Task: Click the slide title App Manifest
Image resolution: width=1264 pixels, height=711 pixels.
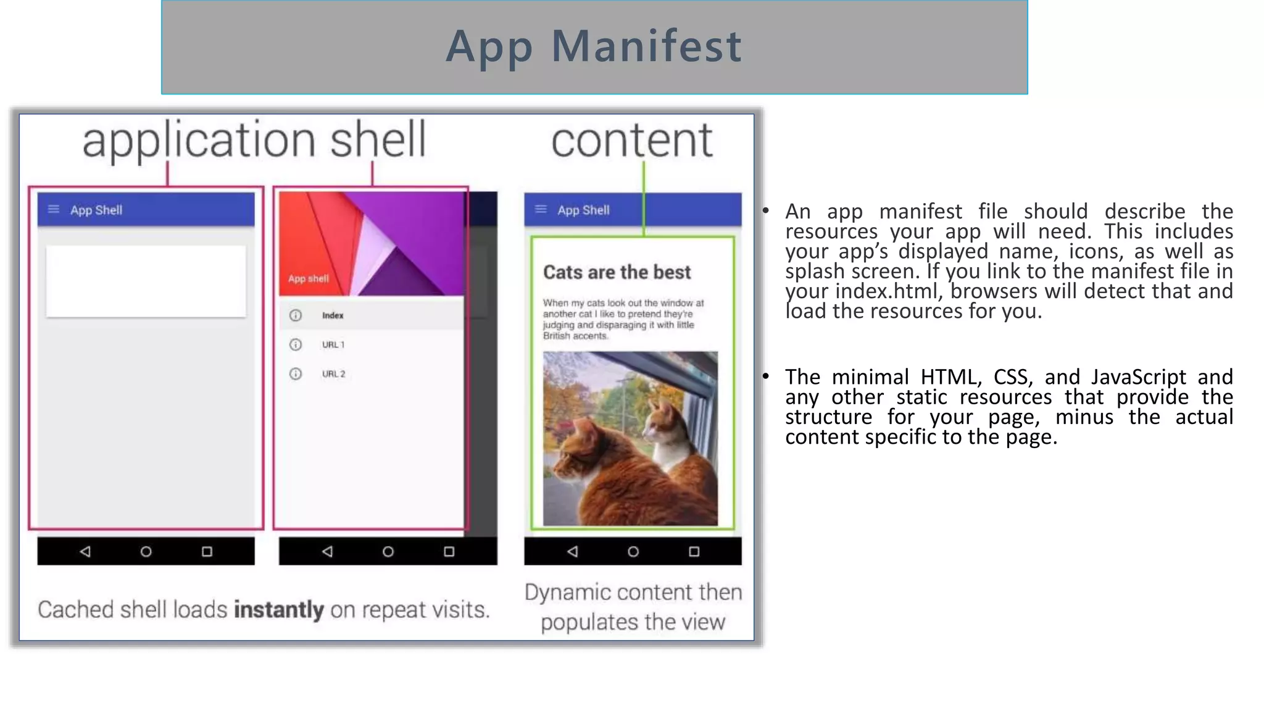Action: (594, 47)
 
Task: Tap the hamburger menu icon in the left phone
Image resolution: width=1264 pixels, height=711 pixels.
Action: (54, 209)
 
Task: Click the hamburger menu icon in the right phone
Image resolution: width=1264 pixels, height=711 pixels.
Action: (541, 209)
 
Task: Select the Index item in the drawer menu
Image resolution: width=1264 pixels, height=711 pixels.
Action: (333, 315)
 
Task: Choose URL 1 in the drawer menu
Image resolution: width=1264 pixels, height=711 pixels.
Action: (333, 344)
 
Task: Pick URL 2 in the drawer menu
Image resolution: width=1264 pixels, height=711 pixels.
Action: (333, 374)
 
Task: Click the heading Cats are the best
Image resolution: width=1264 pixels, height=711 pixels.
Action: (617, 272)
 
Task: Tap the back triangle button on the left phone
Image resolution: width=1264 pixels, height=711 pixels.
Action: (85, 551)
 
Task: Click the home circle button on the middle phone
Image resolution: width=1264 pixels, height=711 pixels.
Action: (388, 551)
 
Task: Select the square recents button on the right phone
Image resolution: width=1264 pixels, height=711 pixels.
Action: (694, 551)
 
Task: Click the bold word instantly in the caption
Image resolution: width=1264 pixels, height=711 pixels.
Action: (278, 610)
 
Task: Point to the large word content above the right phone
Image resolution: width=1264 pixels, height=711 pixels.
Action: (631, 140)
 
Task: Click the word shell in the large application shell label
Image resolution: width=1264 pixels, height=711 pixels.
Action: (378, 140)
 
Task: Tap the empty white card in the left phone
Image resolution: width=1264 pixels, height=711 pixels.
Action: (146, 281)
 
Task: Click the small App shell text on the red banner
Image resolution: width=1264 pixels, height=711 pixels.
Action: (308, 278)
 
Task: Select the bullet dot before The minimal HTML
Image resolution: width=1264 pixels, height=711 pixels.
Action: (765, 376)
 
